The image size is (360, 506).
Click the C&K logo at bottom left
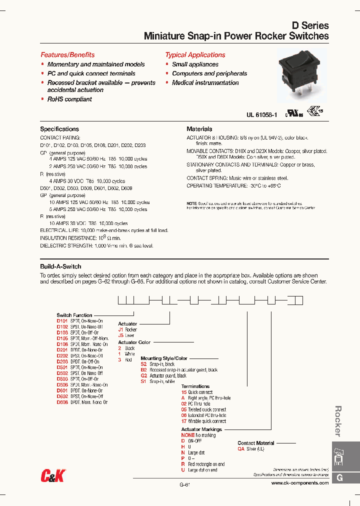[x=52, y=476]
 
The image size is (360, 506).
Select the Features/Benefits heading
[x=67, y=55]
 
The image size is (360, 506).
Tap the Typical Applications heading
[x=195, y=55]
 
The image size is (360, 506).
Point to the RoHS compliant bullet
[x=69, y=99]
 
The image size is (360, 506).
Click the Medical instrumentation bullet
[x=205, y=83]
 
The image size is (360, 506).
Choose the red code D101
[x=62, y=321]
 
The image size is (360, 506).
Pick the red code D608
[x=62, y=402]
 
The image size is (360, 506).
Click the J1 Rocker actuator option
[x=120, y=330]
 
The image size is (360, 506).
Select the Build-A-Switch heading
[x=60, y=266]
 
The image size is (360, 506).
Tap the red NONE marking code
[x=187, y=435]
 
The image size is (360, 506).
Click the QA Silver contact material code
[x=240, y=449]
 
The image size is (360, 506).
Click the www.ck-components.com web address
[x=300, y=483]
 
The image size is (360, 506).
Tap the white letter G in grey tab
[x=339, y=478]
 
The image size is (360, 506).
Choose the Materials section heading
[x=199, y=129]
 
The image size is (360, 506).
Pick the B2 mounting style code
[x=143, y=370]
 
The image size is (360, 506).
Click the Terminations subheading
[x=195, y=386]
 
